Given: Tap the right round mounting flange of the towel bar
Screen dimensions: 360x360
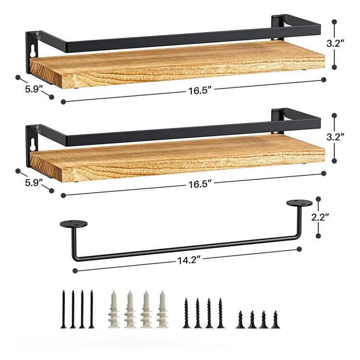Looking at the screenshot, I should [x=299, y=204].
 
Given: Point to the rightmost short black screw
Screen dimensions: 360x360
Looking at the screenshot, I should [x=275, y=319].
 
